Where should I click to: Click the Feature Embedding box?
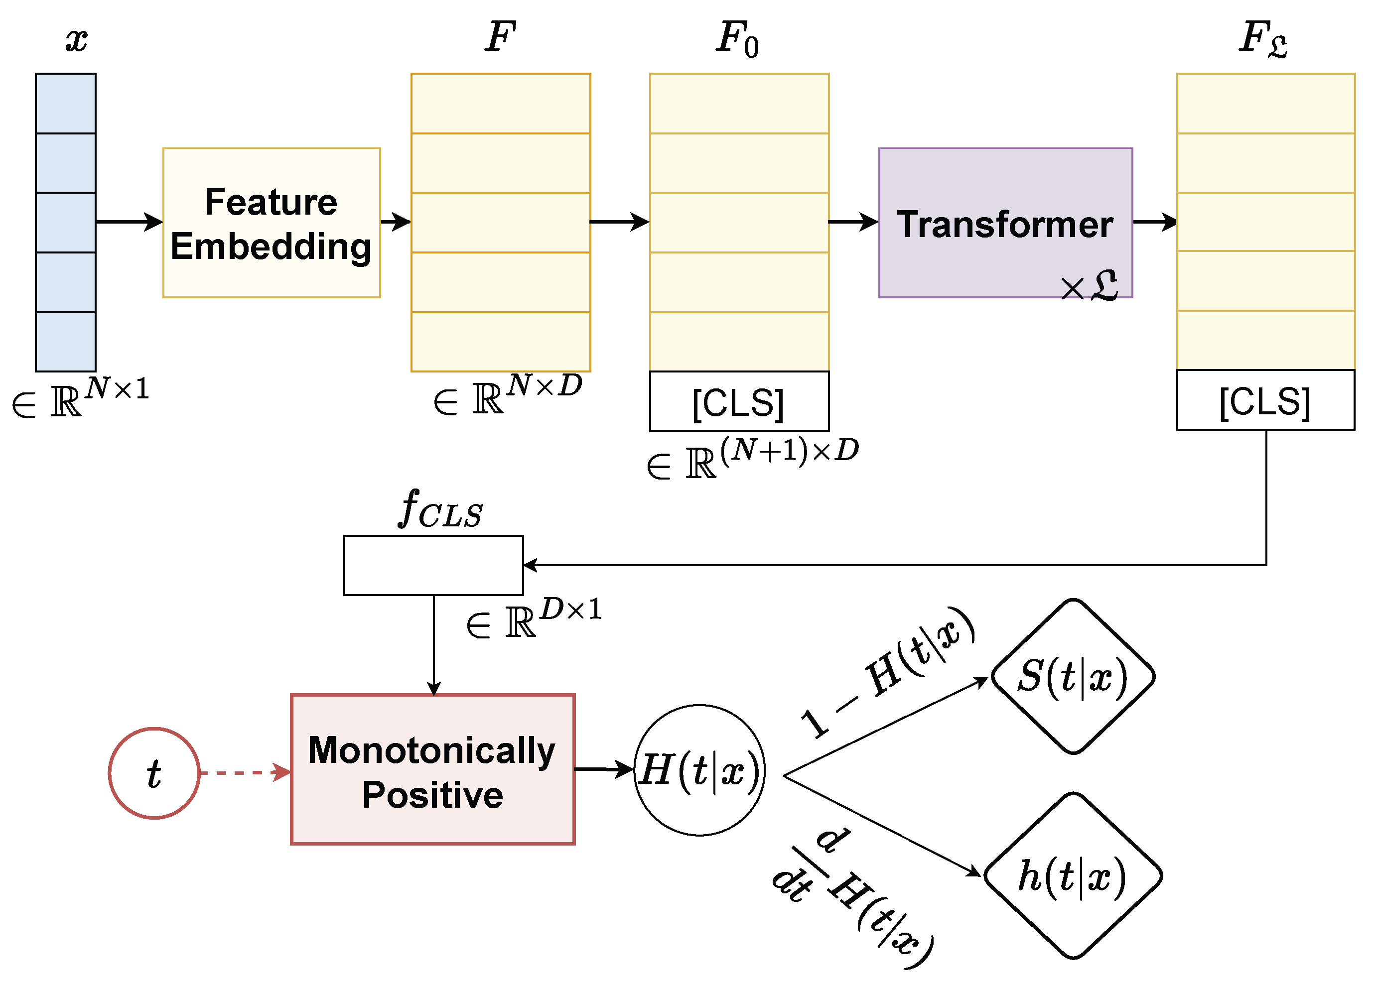271,223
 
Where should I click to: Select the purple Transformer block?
1004,223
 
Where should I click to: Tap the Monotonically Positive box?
432,769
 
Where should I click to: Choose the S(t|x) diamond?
1072,676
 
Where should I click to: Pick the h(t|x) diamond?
1072,875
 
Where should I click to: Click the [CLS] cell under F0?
739,402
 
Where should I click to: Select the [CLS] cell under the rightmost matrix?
1265,400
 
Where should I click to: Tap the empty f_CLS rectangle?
433,565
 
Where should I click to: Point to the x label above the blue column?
76,40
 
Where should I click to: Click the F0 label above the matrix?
736,39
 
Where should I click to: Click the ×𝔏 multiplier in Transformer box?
1089,285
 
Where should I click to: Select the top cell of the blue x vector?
65,103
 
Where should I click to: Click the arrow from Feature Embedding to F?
395,222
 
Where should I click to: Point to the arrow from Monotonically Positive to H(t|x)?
603,769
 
